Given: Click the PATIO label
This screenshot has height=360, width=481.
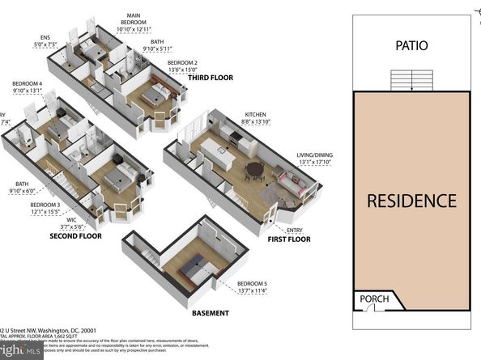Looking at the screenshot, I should click(x=412, y=47).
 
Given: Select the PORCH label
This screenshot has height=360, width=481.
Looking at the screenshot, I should click(x=373, y=299).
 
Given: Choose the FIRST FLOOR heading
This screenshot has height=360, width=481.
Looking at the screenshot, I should click(x=288, y=239).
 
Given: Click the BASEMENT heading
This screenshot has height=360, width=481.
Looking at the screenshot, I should click(x=210, y=313).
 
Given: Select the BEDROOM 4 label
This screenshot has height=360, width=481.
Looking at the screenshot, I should click(x=27, y=83).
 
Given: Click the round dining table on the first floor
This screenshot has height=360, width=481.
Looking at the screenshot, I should click(x=255, y=170).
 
